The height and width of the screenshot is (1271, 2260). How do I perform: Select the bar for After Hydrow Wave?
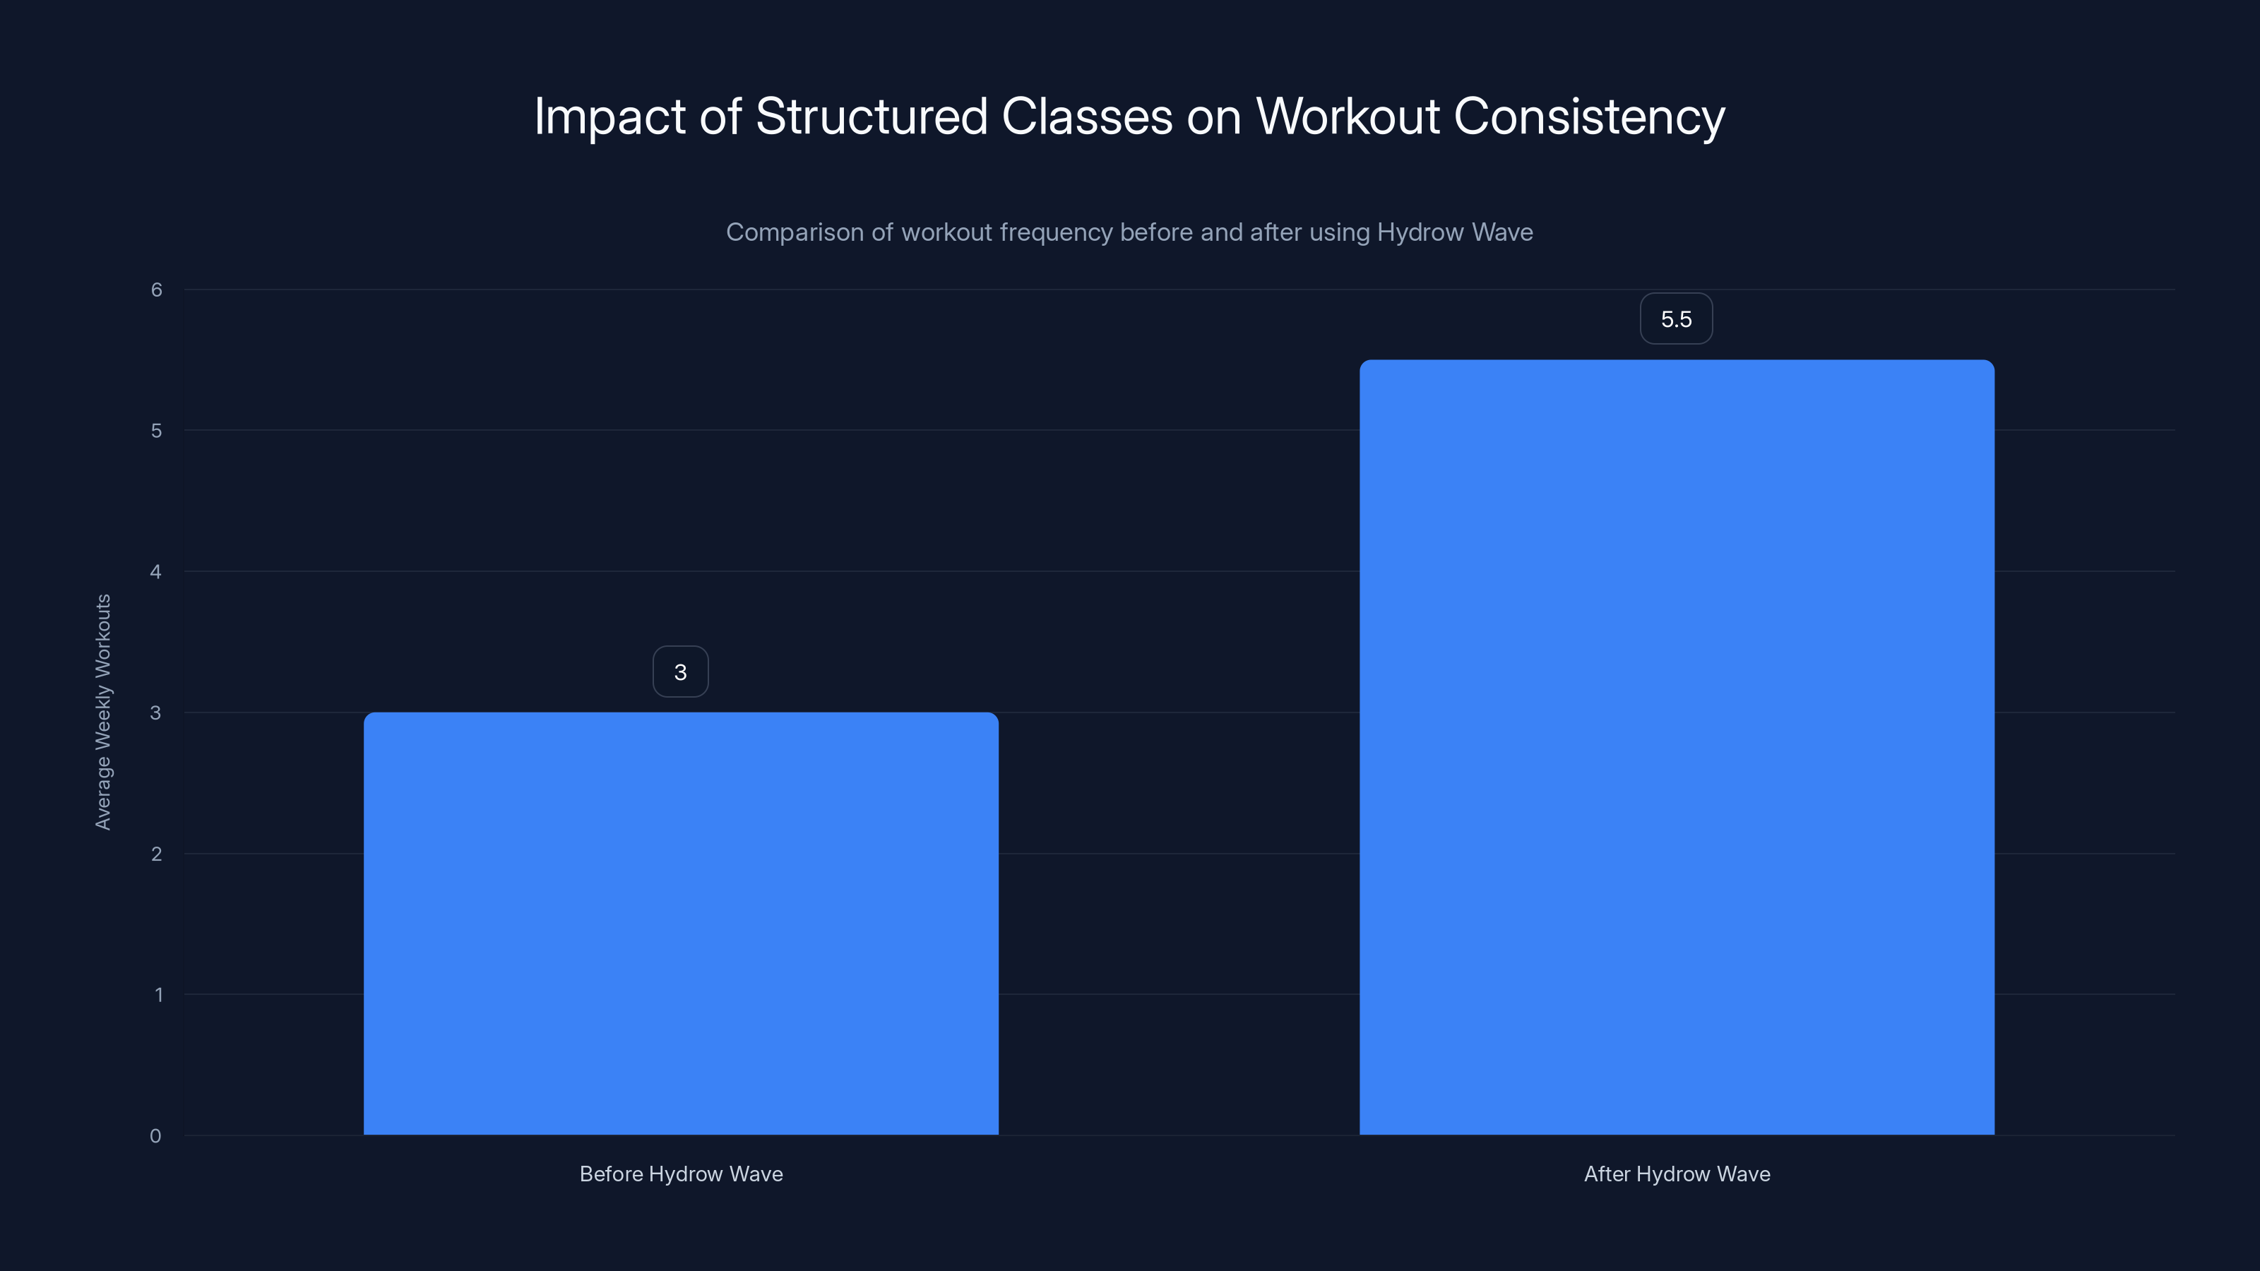[x=1677, y=746]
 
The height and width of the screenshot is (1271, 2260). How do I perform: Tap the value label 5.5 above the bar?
[x=1676, y=319]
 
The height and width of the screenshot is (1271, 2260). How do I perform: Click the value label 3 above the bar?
[x=680, y=673]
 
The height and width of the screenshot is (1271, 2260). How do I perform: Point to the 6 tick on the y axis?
[x=156, y=290]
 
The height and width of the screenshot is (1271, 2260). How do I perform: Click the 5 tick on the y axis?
[x=156, y=431]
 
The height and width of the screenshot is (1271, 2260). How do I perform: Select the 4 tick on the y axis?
[x=156, y=572]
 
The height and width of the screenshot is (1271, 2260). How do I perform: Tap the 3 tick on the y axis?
[x=156, y=713]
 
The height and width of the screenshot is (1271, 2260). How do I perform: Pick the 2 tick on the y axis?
[x=156, y=854]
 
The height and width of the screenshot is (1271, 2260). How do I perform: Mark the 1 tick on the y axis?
[x=158, y=995]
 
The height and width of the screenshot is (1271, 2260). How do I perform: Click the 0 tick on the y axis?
[x=155, y=1136]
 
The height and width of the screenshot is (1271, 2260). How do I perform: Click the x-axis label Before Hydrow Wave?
[x=681, y=1174]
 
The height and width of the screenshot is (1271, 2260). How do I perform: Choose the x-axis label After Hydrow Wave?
[x=1677, y=1174]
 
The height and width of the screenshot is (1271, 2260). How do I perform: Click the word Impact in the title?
[x=609, y=117]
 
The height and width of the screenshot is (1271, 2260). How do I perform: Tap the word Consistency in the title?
[x=1589, y=117]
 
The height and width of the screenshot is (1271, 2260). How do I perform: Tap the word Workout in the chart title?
[x=1348, y=117]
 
